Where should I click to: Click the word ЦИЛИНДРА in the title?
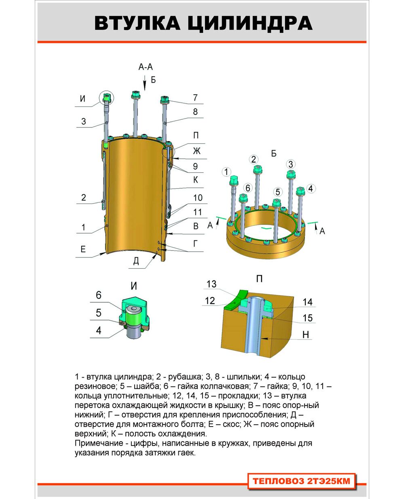point(250,23)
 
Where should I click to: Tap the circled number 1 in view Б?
point(226,172)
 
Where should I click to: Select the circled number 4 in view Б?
point(311,189)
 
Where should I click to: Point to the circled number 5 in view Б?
point(277,192)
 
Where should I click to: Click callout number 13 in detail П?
point(212,284)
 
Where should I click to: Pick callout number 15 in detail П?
point(308,318)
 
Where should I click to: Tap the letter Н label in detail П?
point(306,335)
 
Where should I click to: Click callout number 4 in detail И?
point(99,330)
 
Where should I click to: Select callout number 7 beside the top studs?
point(195,98)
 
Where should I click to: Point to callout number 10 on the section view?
point(198,198)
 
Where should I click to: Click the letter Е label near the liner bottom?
point(83,249)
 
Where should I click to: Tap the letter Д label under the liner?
point(136,261)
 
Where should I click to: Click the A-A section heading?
point(145,67)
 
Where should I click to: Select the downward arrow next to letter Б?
point(145,83)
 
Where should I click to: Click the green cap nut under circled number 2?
point(258,170)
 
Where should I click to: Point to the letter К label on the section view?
point(196,180)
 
